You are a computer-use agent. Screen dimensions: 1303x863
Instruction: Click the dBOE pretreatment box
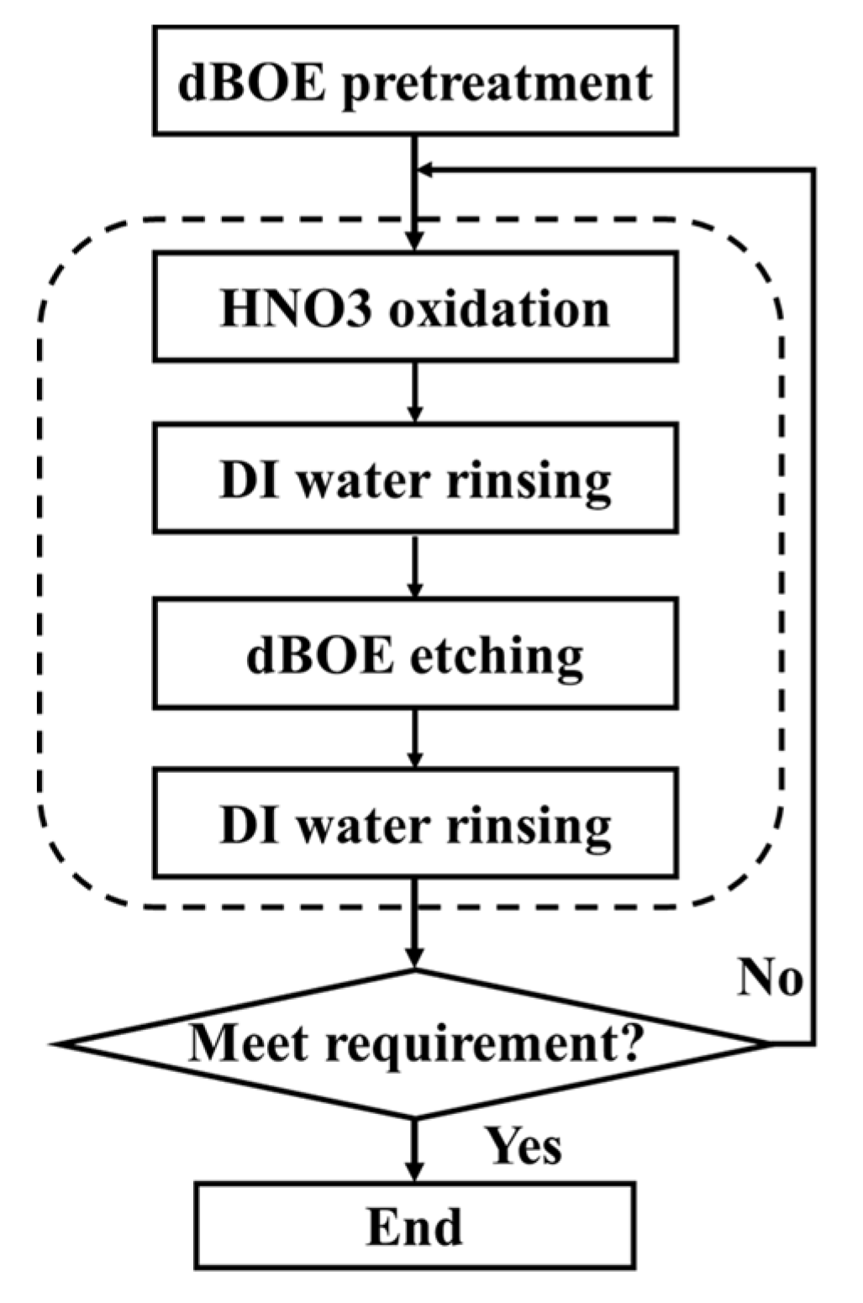click(415, 81)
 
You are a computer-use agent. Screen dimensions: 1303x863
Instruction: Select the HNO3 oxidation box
click(415, 307)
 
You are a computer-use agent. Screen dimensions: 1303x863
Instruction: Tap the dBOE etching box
click(415, 653)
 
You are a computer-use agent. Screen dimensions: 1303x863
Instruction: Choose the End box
click(415, 1226)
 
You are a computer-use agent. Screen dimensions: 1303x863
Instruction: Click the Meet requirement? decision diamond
click(415, 1044)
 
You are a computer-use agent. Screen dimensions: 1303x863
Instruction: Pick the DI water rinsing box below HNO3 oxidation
click(415, 479)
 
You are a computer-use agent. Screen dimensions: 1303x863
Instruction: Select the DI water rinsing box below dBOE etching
click(415, 824)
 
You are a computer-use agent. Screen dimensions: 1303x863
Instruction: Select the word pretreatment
click(497, 83)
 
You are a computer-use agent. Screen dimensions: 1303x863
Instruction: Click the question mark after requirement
click(632, 1043)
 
